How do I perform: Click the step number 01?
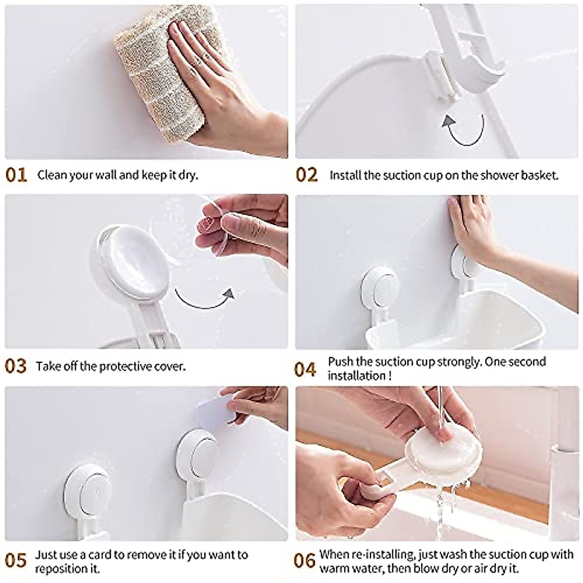pyautogui.click(x=17, y=175)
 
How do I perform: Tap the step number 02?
pyautogui.click(x=307, y=175)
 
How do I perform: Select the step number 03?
pyautogui.click(x=16, y=366)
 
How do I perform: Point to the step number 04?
pyautogui.click(x=306, y=369)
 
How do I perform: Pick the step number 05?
pyautogui.click(x=16, y=561)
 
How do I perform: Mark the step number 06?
pyautogui.click(x=306, y=561)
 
